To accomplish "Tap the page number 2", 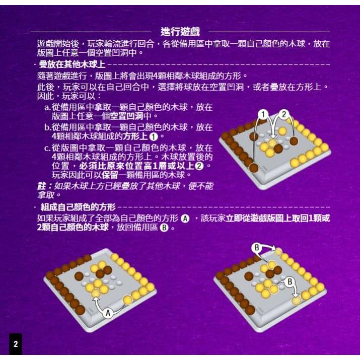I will click(16, 344).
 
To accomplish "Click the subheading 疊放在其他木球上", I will click(71, 65).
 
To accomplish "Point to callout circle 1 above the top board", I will click(262, 115).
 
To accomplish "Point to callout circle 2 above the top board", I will click(284, 115).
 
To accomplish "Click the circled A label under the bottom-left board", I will click(107, 313).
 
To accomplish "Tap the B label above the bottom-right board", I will click(257, 247).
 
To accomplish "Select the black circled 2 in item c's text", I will click(200, 166).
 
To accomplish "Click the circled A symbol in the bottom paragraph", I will click(185, 219).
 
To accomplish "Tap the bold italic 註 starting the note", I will click(41, 185).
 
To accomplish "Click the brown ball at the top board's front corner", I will click(254, 168).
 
